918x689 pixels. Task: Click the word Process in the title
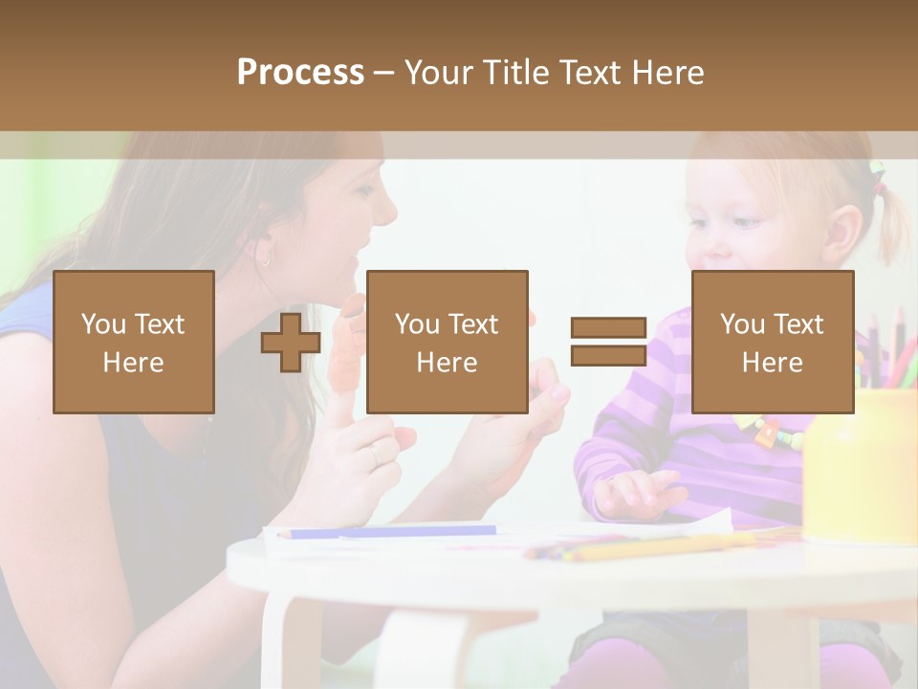[300, 72]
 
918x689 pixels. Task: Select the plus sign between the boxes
[291, 342]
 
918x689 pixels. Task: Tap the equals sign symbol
[608, 342]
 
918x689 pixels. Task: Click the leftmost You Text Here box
[134, 342]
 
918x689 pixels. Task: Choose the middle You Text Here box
[447, 342]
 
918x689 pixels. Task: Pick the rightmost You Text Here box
[772, 342]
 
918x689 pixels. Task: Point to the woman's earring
[265, 257]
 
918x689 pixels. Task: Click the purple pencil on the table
[392, 532]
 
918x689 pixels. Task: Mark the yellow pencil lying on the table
[650, 546]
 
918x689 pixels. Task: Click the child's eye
[747, 222]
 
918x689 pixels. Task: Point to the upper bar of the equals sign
[608, 328]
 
